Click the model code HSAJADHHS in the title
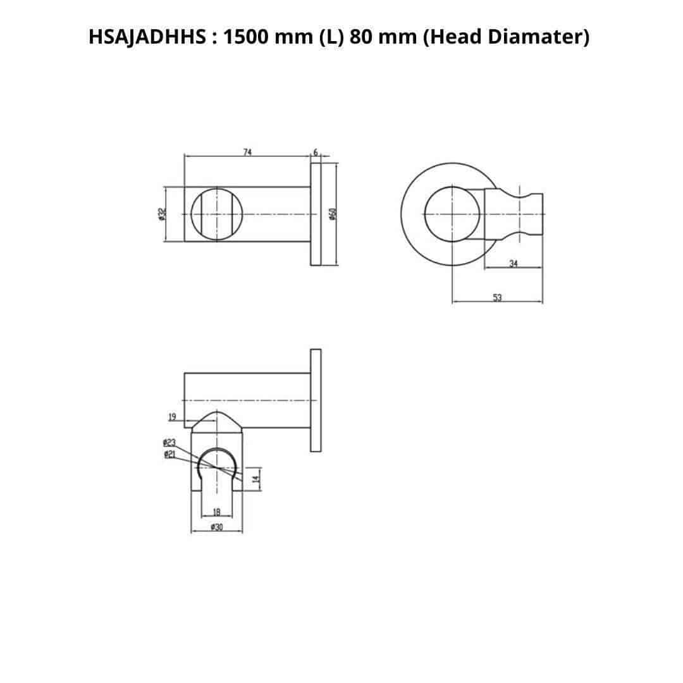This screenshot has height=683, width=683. click(147, 37)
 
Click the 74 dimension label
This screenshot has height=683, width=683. click(247, 152)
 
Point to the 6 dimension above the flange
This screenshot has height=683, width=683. click(316, 152)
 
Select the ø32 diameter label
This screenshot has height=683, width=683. click(162, 214)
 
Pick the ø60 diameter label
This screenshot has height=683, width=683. click(333, 214)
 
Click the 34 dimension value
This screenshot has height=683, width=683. click(514, 264)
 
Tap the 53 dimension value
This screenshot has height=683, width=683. click(498, 297)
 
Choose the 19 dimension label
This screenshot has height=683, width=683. click(172, 417)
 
